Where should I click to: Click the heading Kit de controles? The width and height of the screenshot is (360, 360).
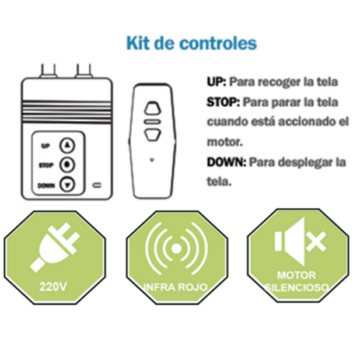[192, 43]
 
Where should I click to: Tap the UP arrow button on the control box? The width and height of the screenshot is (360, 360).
[67, 145]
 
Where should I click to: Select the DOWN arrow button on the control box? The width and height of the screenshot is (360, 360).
[67, 184]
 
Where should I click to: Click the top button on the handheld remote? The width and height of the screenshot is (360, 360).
[152, 108]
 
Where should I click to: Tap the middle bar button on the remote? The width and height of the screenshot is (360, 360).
[152, 122]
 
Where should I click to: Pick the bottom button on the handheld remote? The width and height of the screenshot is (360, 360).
[152, 135]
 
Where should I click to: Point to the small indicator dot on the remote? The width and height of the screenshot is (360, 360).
[152, 159]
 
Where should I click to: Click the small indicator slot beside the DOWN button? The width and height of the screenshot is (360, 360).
[97, 185]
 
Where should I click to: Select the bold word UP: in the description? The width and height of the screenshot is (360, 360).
[216, 82]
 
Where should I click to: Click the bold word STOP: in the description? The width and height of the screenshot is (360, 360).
[223, 102]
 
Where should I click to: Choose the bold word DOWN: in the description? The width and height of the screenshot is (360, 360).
[226, 162]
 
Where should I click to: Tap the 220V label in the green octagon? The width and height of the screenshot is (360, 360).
[53, 286]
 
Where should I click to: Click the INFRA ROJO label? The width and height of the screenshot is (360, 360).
[176, 288]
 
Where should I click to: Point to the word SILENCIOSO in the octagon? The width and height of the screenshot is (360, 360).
[296, 288]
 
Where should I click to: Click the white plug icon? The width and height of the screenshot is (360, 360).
[55, 247]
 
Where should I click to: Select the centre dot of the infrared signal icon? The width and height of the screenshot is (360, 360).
[176, 249]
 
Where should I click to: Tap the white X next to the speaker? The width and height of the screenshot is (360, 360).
[316, 242]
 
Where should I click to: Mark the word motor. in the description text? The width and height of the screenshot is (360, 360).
[225, 142]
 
